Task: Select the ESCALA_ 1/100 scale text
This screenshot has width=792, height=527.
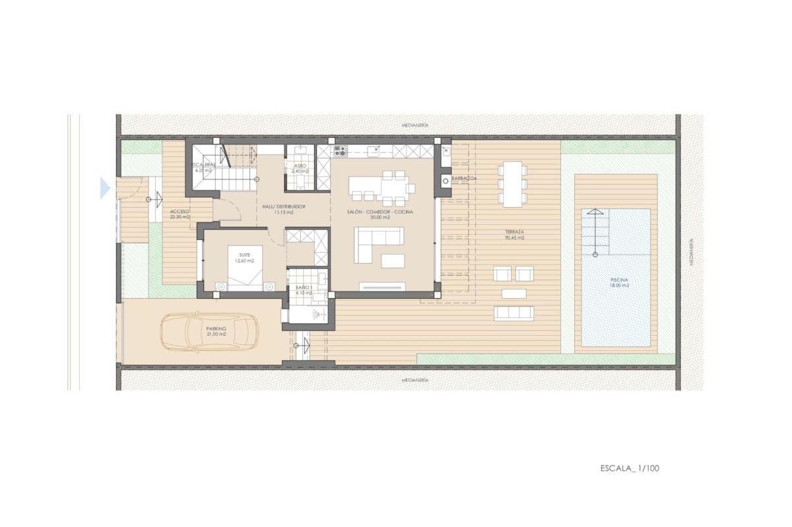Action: pyautogui.click(x=630, y=469)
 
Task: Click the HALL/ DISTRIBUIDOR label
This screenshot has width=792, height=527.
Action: pyautogui.click(x=278, y=209)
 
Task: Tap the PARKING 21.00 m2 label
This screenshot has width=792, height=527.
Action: pyautogui.click(x=216, y=331)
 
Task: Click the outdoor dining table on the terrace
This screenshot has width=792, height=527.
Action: pyautogui.click(x=512, y=183)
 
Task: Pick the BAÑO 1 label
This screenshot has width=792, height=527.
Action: pyautogui.click(x=303, y=291)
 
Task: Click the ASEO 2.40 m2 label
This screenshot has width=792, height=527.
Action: pyautogui.click(x=300, y=168)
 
